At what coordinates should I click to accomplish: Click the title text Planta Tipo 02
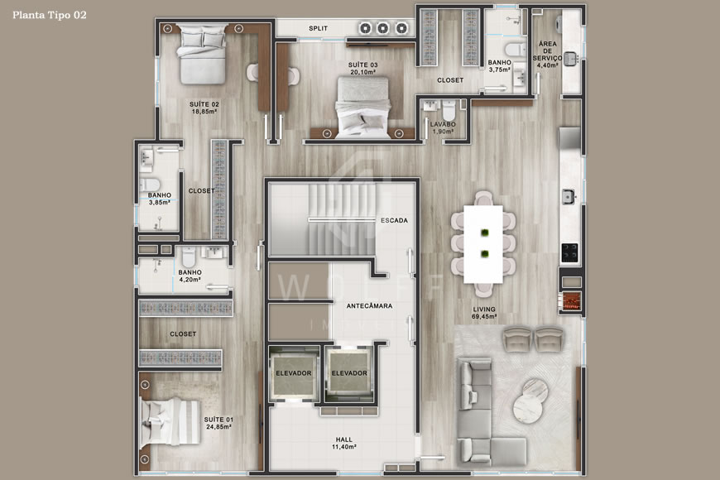pyautogui.click(x=49, y=15)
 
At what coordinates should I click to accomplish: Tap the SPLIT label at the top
pyautogui.click(x=318, y=28)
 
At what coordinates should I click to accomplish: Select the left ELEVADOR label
pyautogui.click(x=293, y=373)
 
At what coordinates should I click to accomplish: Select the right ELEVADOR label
pyautogui.click(x=348, y=373)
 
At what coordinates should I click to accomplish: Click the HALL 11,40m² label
pyautogui.click(x=343, y=443)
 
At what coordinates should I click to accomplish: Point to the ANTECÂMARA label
pyautogui.click(x=368, y=305)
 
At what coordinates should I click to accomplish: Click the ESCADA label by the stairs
pyautogui.click(x=393, y=221)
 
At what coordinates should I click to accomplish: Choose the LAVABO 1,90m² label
pyautogui.click(x=443, y=127)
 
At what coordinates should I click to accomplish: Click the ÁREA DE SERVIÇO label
pyautogui.click(x=549, y=54)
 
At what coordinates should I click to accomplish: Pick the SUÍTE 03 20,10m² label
pyautogui.click(x=363, y=68)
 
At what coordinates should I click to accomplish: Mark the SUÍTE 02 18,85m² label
pyautogui.click(x=204, y=108)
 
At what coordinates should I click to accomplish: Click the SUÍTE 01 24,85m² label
pyautogui.click(x=218, y=424)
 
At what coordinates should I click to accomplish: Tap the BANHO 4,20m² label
pyautogui.click(x=190, y=276)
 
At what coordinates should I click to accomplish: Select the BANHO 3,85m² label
pyautogui.click(x=159, y=199)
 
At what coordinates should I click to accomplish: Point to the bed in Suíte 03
pyautogui.click(x=362, y=106)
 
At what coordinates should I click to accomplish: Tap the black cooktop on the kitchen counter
pyautogui.click(x=569, y=251)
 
